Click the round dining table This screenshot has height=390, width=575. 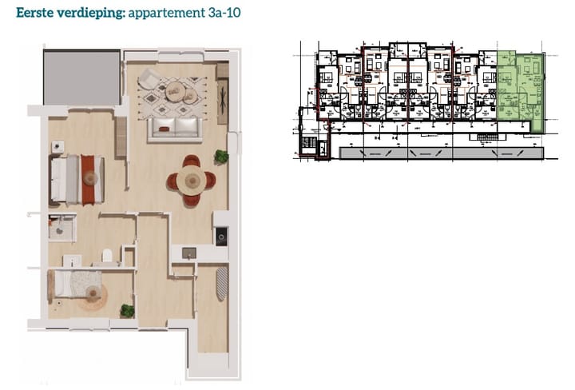pyautogui.click(x=191, y=181)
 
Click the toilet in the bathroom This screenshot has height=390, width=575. pyautogui.click(x=106, y=257)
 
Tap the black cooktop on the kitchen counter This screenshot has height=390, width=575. pyautogui.click(x=221, y=236)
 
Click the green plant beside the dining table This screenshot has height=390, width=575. pyautogui.click(x=220, y=157)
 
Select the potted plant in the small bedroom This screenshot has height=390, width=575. pyautogui.click(x=127, y=310)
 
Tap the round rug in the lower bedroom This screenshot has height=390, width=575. pyautogui.click(x=93, y=298)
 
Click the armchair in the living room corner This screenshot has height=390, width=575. pyautogui.click(x=149, y=79)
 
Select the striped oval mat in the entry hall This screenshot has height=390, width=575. pyautogui.click(x=222, y=283)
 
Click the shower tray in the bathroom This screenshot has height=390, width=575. pyautogui.click(x=61, y=227)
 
